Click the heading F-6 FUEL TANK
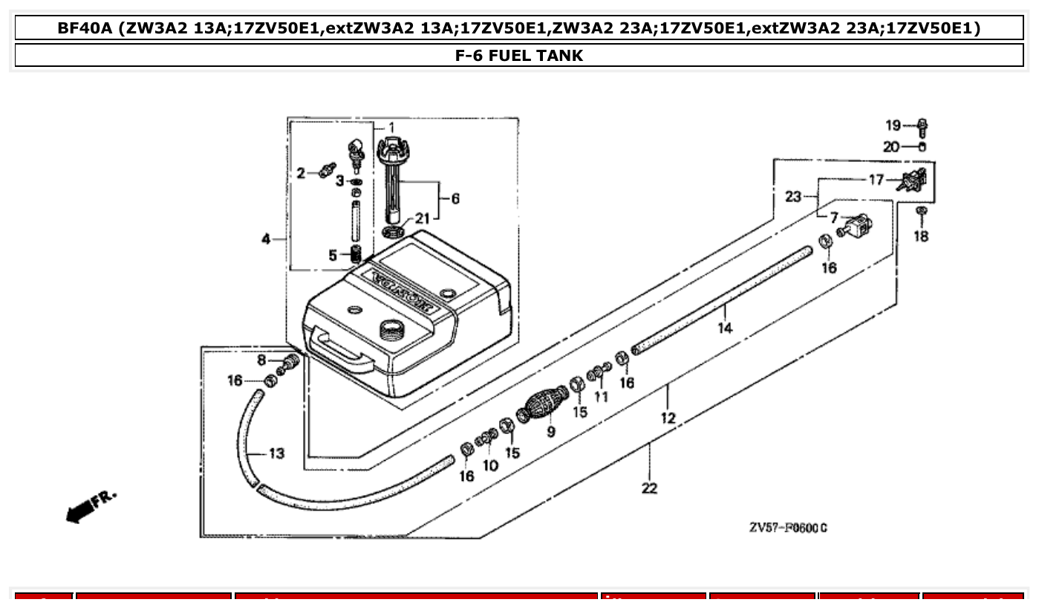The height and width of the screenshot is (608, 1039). [518, 55]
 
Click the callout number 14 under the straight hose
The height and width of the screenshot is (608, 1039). [725, 328]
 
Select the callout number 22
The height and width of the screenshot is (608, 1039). [649, 488]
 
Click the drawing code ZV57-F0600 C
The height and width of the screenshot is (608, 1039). [788, 528]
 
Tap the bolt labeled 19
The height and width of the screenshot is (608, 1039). [922, 127]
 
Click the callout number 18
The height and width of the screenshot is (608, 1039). [921, 237]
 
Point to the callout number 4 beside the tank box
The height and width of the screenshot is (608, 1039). [265, 239]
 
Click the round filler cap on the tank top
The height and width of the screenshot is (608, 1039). [391, 329]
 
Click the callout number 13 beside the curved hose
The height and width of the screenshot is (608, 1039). [276, 453]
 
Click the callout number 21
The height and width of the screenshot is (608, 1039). [422, 219]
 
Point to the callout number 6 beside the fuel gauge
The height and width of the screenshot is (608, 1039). [455, 198]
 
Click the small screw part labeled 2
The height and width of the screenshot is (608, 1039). [324, 172]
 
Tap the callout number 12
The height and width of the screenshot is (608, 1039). [668, 418]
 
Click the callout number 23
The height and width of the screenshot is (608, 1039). [793, 197]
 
